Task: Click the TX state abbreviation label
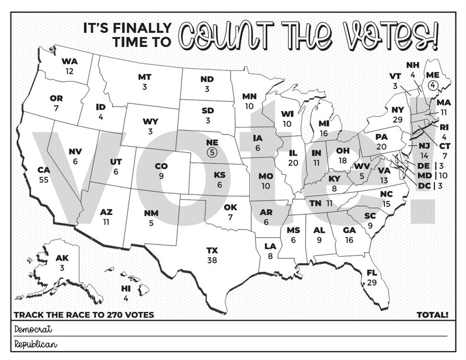point(211,250)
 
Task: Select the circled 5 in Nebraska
point(212,152)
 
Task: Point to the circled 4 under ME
point(433,85)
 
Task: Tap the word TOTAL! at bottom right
point(433,315)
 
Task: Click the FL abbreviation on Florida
point(371,274)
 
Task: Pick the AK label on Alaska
point(62,258)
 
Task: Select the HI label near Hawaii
point(126,289)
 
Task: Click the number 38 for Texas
point(211,259)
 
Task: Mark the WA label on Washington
point(69,62)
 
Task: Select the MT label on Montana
point(144,78)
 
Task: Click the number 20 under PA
point(381,146)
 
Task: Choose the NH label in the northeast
point(413,66)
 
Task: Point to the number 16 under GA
point(349,240)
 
